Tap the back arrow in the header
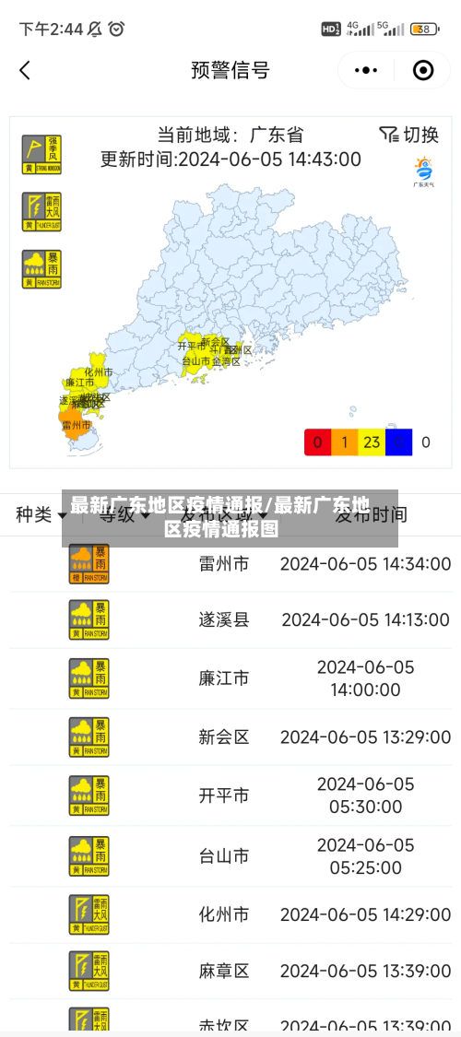coord(25,70)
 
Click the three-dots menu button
coord(366,70)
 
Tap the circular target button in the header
coord(423,70)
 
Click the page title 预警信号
coord(230,70)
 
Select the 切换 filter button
coord(409,135)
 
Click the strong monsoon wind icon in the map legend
coord(41,155)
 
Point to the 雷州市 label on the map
coord(76,426)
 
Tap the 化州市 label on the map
coord(99,371)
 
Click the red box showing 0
coord(318,442)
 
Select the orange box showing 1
coord(345,442)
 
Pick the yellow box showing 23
coord(372,442)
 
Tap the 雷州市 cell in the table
coord(224,563)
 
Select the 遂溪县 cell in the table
coord(224,619)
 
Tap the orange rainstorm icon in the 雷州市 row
coord(89,563)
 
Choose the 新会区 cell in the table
coord(224,737)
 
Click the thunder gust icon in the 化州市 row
coord(89,914)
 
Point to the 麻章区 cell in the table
coord(224,971)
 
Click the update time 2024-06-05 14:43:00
coord(269,159)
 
